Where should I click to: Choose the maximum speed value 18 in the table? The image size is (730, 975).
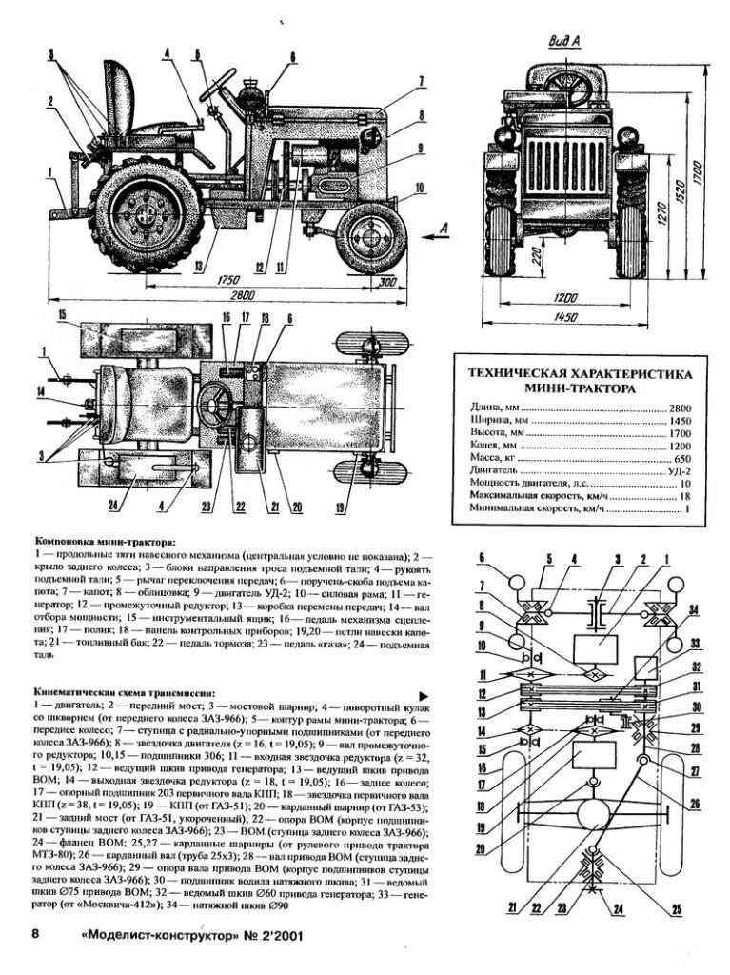[x=683, y=495]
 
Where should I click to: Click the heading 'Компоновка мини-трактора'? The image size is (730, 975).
[x=98, y=541]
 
